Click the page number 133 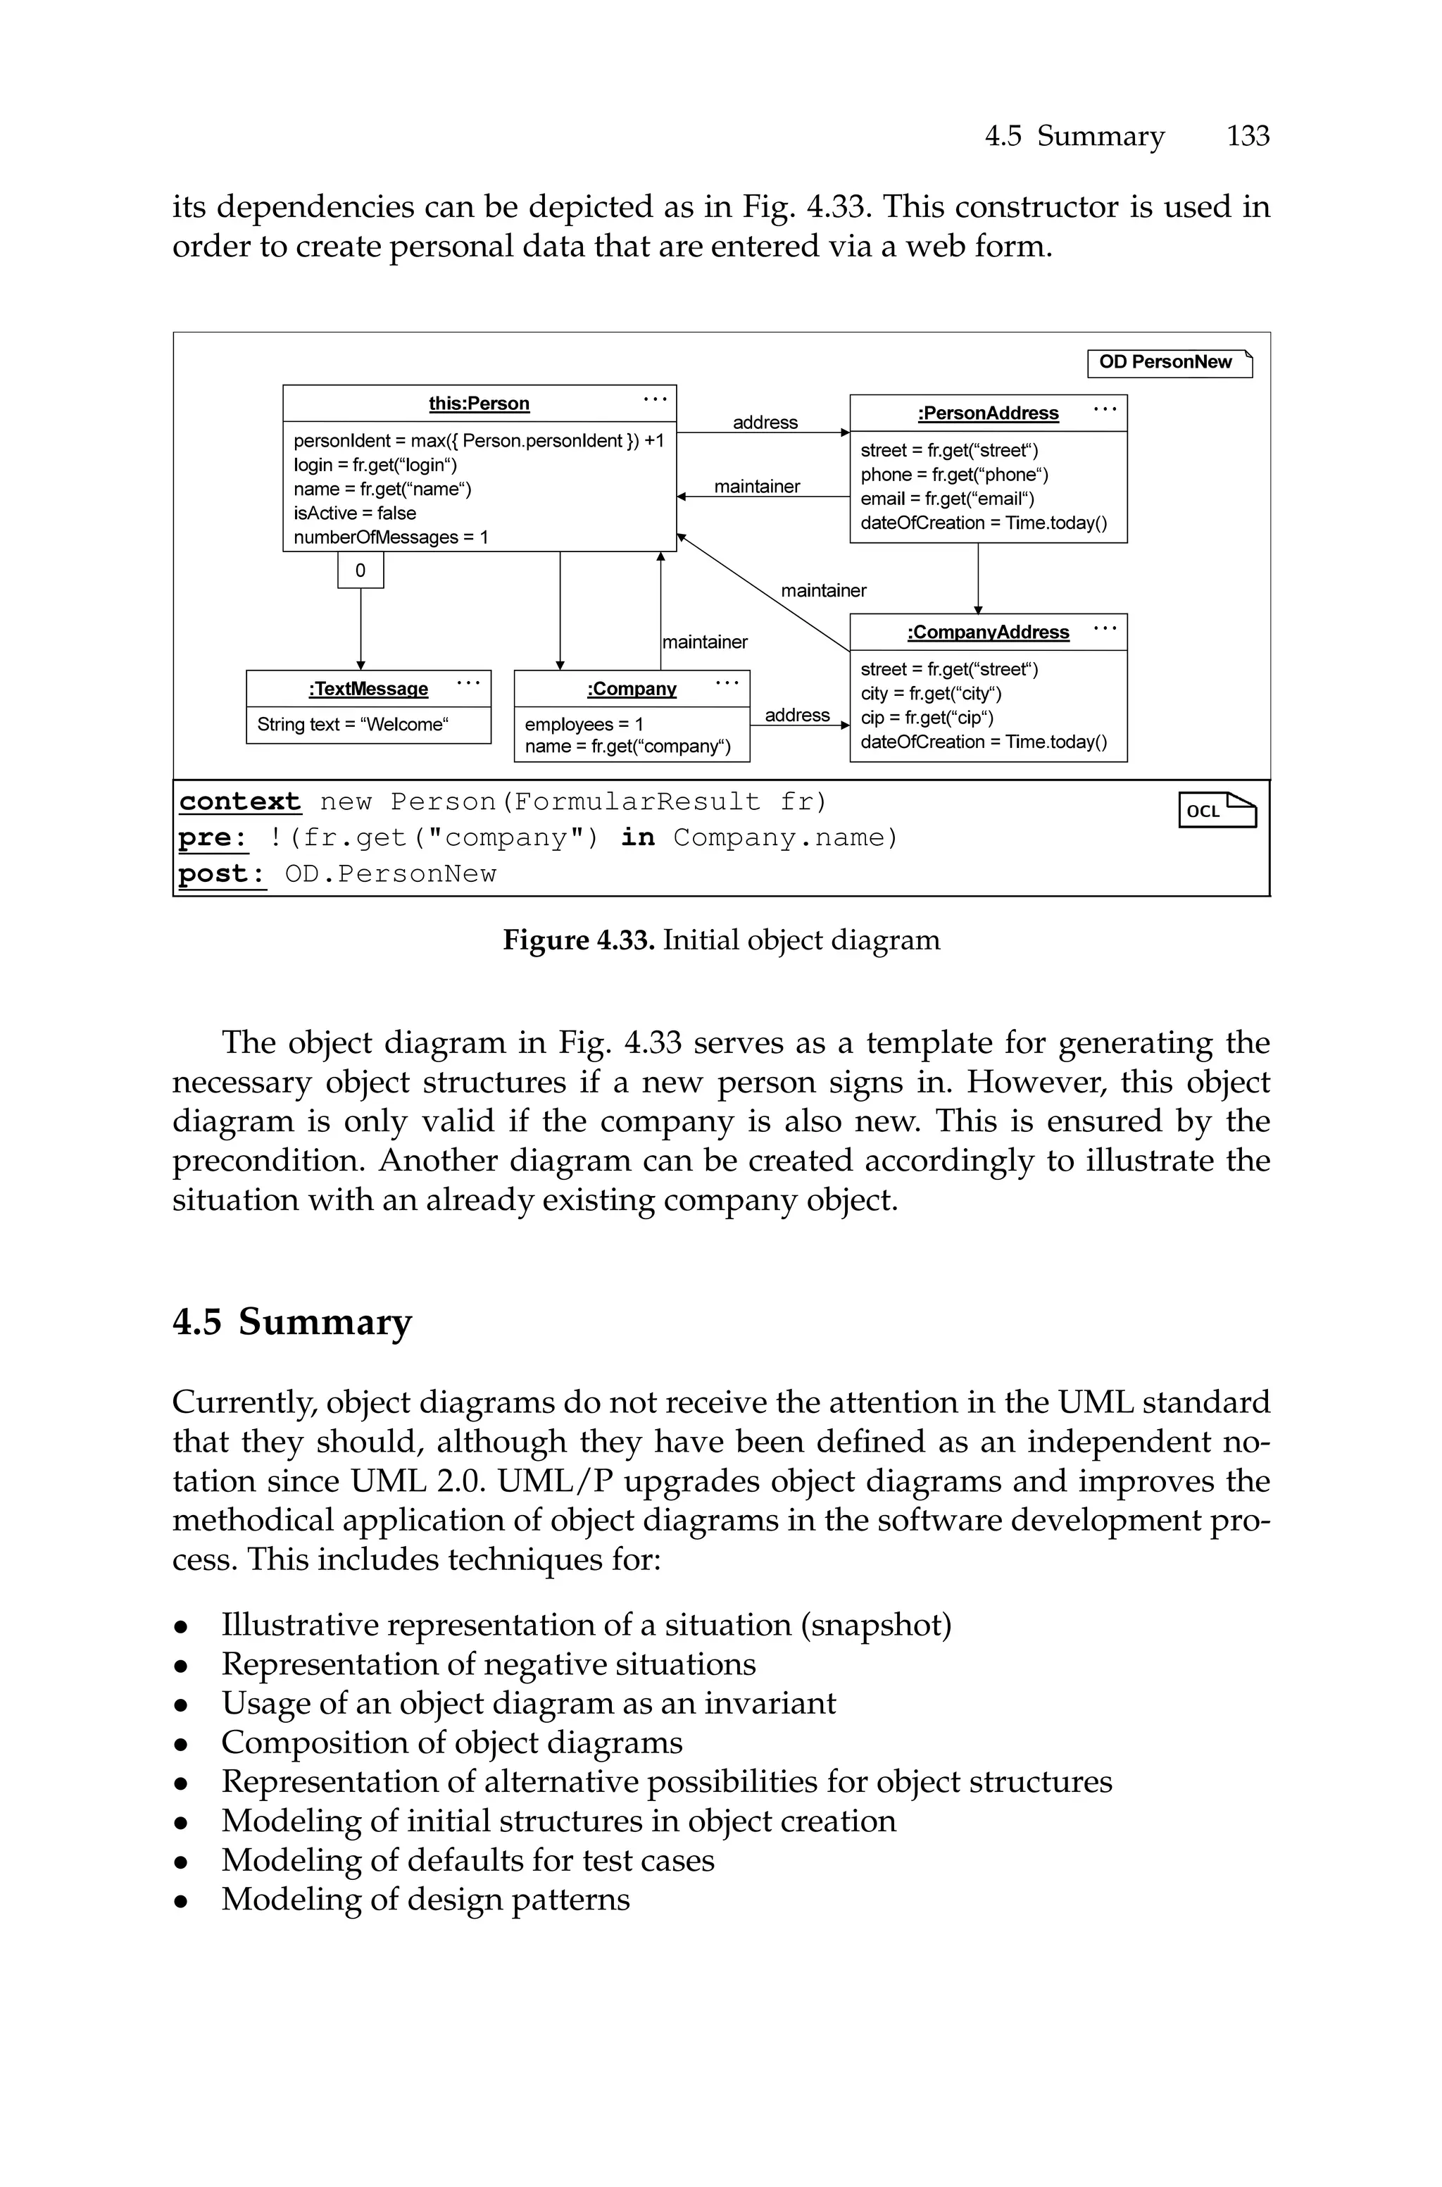click(1247, 136)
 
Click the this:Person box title click(479, 404)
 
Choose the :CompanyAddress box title click(988, 633)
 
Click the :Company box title click(631, 689)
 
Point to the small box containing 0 click(360, 571)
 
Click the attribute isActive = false click(355, 513)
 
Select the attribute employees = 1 click(584, 725)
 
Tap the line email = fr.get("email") click(947, 499)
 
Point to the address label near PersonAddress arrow click(765, 422)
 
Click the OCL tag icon click(1217, 810)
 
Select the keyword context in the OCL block click(240, 802)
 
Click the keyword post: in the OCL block click(222, 873)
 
